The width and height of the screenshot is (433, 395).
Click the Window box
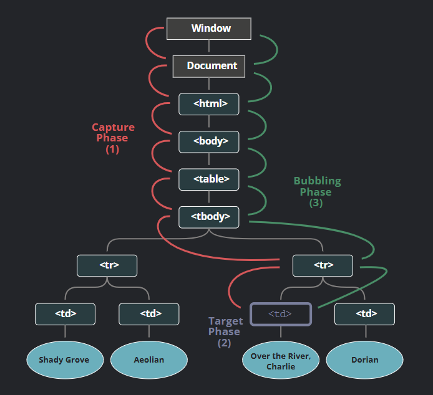209,29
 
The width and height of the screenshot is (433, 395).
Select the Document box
209,67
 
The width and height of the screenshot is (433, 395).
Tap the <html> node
209,104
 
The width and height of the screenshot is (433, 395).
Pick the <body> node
209,142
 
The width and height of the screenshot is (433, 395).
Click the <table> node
209,179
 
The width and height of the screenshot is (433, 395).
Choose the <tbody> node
209,217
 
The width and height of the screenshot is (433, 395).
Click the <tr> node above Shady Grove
107,265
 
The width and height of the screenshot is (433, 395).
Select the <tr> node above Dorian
323,265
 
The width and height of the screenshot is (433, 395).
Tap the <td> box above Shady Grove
65,314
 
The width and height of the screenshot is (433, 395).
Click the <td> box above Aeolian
149,314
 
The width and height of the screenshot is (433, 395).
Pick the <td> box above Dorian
364,314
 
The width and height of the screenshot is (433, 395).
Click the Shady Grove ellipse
65,360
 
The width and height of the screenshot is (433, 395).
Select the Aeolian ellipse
149,360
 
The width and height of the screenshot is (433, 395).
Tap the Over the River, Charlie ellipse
281,360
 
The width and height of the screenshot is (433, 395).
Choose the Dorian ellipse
364,360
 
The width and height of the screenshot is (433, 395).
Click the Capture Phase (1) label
113,138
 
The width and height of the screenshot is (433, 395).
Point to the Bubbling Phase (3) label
317,192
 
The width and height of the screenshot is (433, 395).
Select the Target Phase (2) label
225,332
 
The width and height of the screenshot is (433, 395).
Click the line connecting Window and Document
209,45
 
